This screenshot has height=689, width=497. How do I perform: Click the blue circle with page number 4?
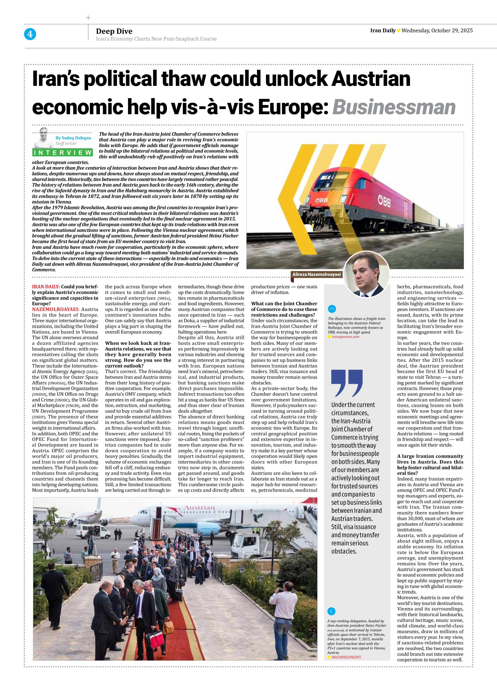pyautogui.click(x=30, y=34)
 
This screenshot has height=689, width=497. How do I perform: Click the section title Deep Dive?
pyautogui.click(x=114, y=31)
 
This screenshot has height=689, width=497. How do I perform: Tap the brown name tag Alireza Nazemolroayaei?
pyautogui.click(x=316, y=274)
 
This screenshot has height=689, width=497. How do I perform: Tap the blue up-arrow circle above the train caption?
pyautogui.click(x=332, y=309)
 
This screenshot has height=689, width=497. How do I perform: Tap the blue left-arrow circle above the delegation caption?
pyautogui.click(x=331, y=611)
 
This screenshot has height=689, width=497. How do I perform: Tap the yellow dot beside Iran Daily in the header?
pyautogui.click(x=399, y=31)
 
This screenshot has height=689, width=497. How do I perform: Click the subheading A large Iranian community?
pyautogui.click(x=430, y=456)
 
